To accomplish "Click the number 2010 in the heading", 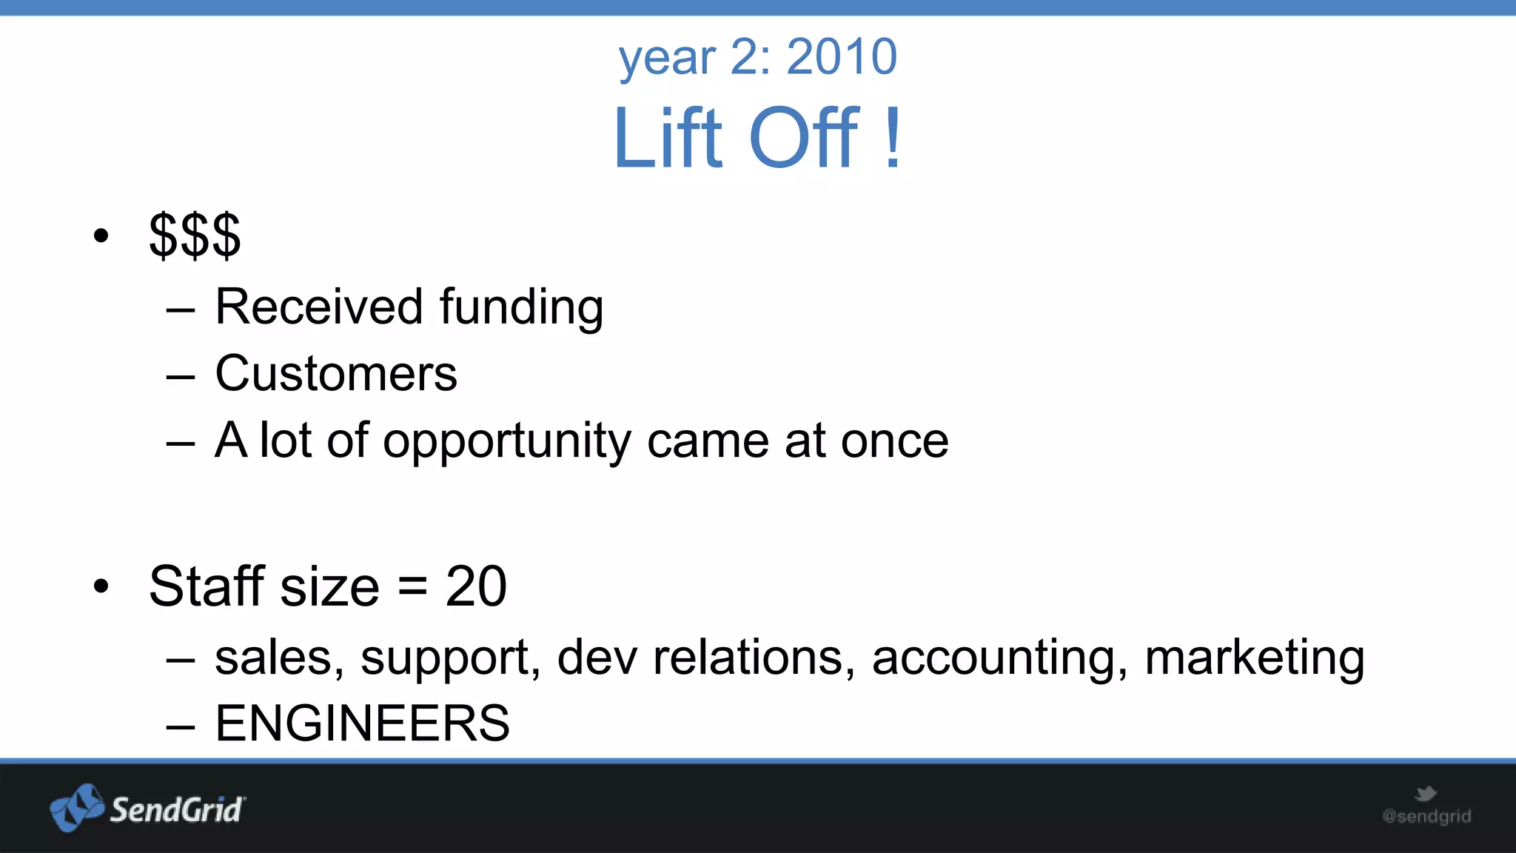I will coord(842,56).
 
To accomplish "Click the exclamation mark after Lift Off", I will coord(893,138).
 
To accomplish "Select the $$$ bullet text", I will coord(195,235).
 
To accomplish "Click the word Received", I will coord(319,306).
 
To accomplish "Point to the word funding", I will coord(521,307).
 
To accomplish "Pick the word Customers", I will coord(336,373).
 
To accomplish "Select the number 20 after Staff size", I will coord(476,586).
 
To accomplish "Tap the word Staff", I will coord(207,586).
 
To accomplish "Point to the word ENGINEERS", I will coord(362,723).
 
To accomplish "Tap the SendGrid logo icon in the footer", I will coord(76,808).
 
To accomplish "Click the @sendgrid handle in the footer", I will coord(1426,817).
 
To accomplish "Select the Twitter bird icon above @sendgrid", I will coord(1425,794).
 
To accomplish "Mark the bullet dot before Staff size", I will coord(101,586).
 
